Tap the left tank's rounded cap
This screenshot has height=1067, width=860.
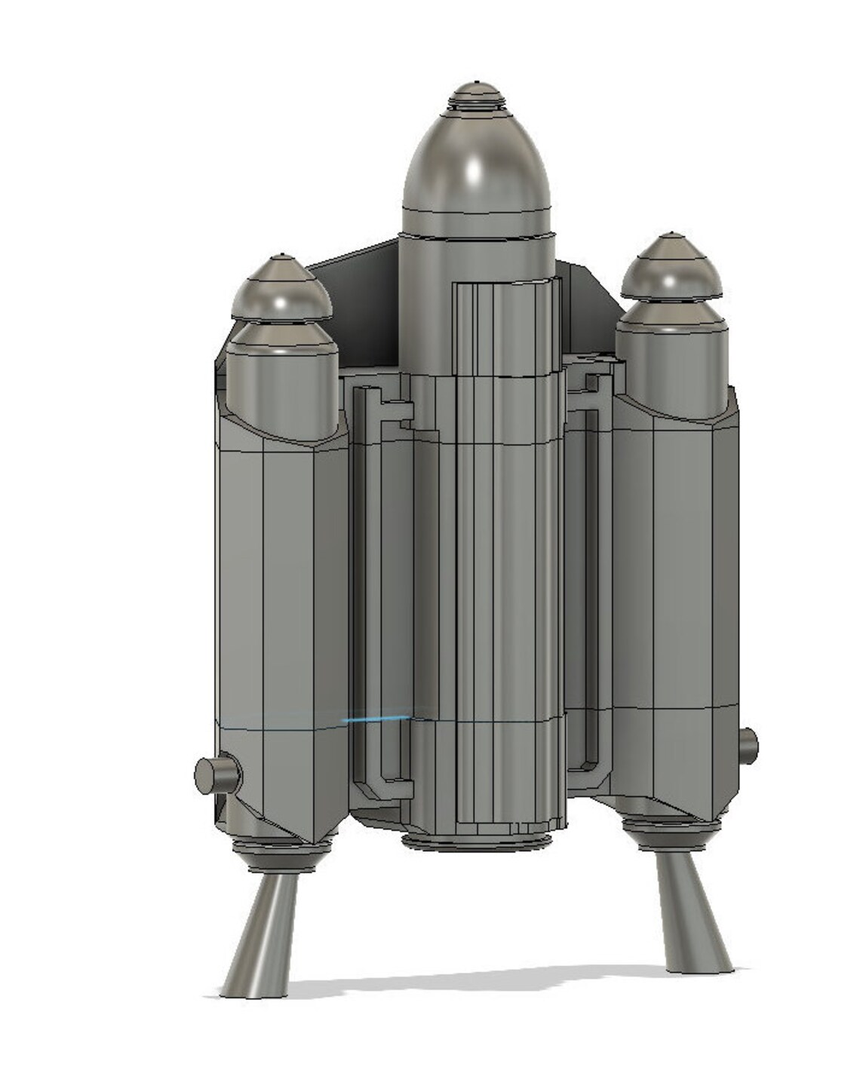[281, 290]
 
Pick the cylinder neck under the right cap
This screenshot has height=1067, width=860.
[671, 354]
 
